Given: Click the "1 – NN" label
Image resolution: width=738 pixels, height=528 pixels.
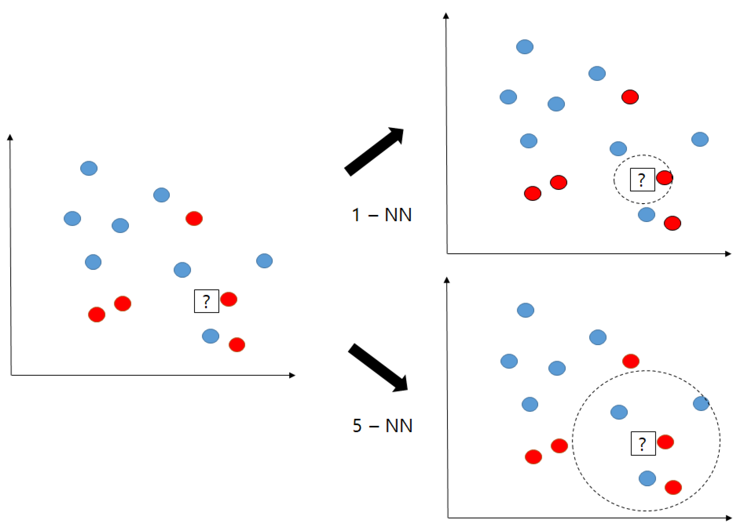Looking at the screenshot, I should [x=381, y=215].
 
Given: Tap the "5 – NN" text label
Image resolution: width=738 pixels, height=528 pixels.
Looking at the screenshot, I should [x=382, y=425].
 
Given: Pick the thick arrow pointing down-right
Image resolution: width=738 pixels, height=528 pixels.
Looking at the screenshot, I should [x=377, y=367].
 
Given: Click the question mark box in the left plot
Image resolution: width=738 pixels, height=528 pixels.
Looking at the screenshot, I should [x=206, y=301].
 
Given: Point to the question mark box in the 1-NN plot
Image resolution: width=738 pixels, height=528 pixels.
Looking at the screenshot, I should [x=642, y=179].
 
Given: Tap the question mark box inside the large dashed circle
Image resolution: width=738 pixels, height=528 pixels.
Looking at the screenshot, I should [x=643, y=443].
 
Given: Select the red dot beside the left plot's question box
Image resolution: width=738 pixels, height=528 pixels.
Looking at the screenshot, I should [x=229, y=299].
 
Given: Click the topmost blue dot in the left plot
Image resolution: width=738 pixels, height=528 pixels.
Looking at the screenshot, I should [x=89, y=168].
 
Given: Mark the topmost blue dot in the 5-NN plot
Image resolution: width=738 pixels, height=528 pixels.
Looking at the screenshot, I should [x=526, y=310].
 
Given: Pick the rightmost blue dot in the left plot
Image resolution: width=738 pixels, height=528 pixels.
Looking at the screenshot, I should [x=264, y=261].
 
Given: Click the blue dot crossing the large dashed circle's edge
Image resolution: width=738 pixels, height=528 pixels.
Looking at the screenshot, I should [x=701, y=403].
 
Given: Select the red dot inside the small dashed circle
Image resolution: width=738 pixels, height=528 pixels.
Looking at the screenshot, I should [x=664, y=178].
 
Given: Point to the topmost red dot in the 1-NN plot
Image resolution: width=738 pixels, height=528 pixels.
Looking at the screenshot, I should [x=630, y=97].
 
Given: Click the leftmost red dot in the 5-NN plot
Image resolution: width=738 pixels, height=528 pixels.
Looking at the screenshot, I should [x=533, y=457].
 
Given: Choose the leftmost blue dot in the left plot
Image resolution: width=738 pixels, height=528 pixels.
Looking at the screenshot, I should [x=72, y=218].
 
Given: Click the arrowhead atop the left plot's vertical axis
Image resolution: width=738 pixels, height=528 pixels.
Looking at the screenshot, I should [x=10, y=137].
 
